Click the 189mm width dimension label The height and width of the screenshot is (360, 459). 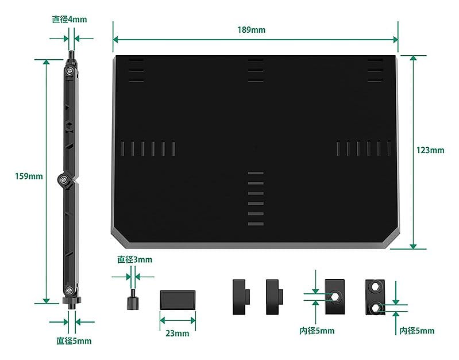tap(251, 30)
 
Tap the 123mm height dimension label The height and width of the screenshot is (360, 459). tap(430, 150)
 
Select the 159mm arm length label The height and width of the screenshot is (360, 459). tap(29, 176)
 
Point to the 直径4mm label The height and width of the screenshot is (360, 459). tap(70, 20)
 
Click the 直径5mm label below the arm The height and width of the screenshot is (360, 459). tap(74, 340)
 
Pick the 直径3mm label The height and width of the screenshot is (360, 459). tap(134, 259)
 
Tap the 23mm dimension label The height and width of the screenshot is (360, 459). tap(177, 334)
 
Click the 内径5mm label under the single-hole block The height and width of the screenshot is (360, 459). tap(317, 331)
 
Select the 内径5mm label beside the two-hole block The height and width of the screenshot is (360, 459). tap(417, 331)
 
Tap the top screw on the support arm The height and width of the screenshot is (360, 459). tap(70, 71)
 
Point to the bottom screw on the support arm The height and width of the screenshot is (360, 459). tap(70, 290)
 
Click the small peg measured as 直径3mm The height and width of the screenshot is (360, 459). tap(133, 300)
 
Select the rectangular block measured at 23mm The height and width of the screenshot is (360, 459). tap(178, 300)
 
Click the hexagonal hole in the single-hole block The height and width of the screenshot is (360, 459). tap(335, 297)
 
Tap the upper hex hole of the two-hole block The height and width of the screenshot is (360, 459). tap(375, 286)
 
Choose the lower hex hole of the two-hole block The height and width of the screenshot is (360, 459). tap(375, 308)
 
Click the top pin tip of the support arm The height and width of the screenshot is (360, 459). tap(71, 53)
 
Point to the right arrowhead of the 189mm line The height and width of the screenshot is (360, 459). tap(395, 40)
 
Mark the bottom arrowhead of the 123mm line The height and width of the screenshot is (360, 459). tap(413, 246)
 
